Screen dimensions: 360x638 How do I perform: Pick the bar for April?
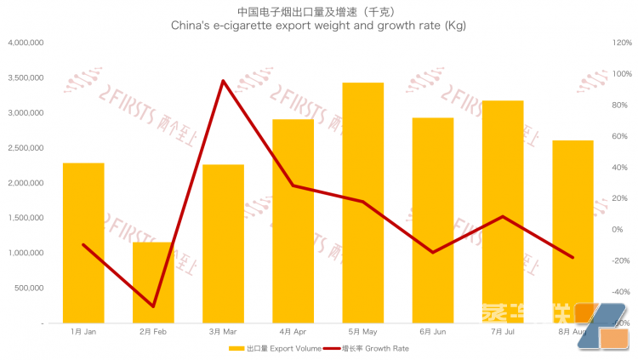click(x=293, y=221)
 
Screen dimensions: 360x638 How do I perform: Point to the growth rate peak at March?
click(x=223, y=81)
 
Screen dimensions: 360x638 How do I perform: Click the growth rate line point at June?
click(x=433, y=252)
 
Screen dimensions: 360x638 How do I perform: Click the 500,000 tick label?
click(x=29, y=289)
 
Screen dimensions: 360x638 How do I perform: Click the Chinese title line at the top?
click(x=319, y=12)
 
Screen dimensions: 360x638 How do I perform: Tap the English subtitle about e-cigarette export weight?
click(x=319, y=27)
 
